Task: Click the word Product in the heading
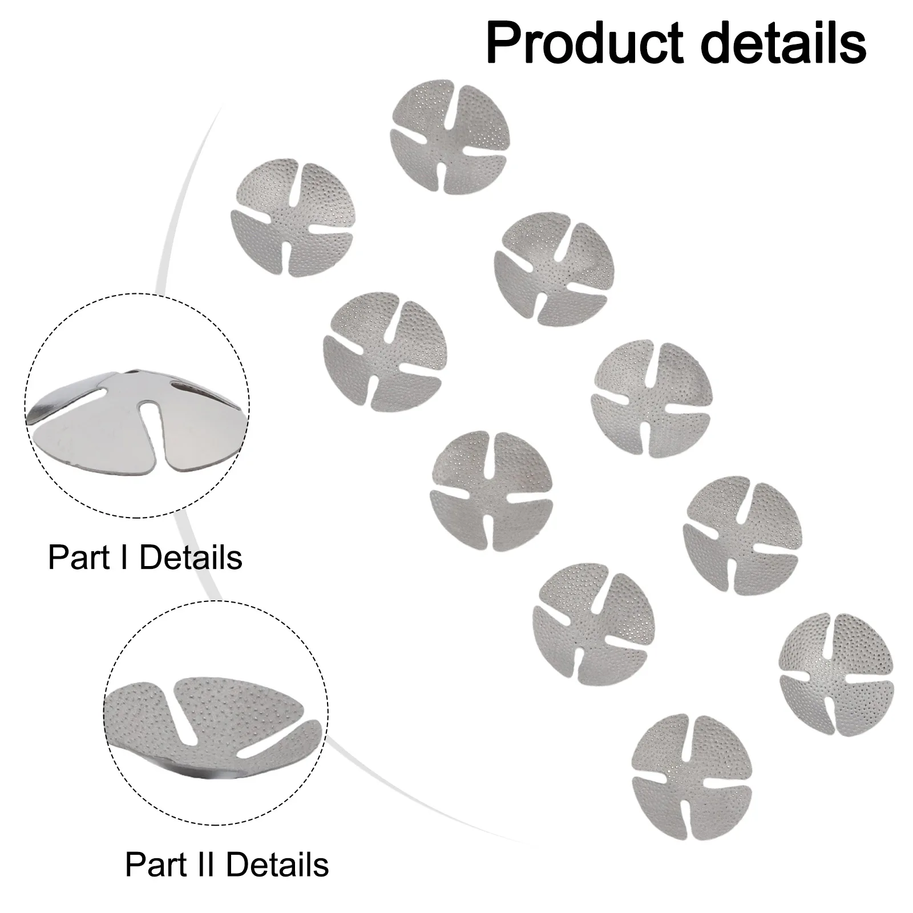click(585, 45)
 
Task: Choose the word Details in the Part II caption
click(277, 864)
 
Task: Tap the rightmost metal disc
click(836, 674)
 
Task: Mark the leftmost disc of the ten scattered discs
click(292, 217)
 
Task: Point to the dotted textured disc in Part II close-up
click(214, 725)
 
